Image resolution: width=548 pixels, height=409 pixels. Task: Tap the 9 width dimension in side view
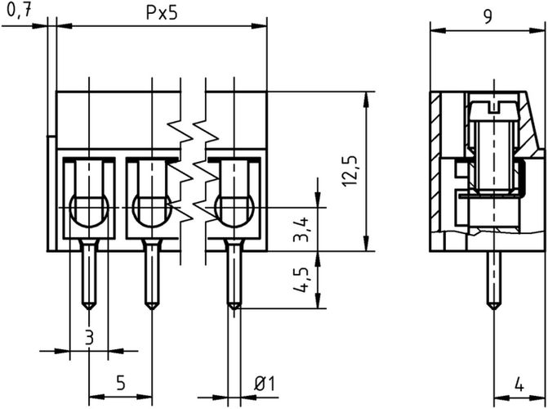(487, 16)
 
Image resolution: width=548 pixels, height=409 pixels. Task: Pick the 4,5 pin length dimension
(301, 279)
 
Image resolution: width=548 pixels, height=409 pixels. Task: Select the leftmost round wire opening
(89, 209)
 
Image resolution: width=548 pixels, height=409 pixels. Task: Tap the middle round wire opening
(149, 209)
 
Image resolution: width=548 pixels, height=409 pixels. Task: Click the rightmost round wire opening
(233, 209)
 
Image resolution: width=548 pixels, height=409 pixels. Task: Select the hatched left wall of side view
(439, 164)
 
